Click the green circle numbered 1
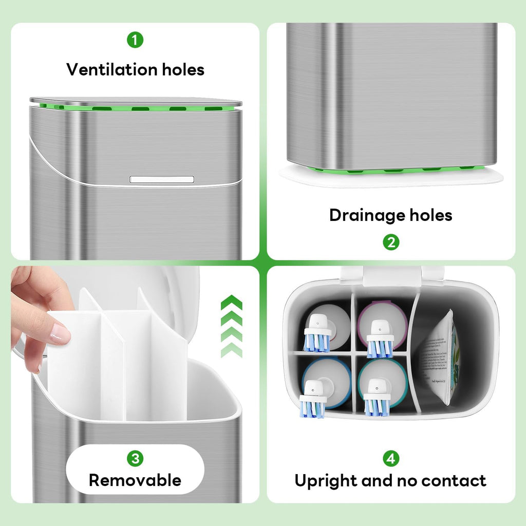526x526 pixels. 135,40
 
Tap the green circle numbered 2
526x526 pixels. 391,242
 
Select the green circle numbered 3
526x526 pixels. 135,458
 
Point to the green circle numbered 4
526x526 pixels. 391,458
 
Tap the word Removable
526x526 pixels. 135,480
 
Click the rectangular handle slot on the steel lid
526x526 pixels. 162,179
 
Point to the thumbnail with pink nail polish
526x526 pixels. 61,334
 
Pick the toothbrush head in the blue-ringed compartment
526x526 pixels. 313,403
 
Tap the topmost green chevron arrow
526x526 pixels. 232,303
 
